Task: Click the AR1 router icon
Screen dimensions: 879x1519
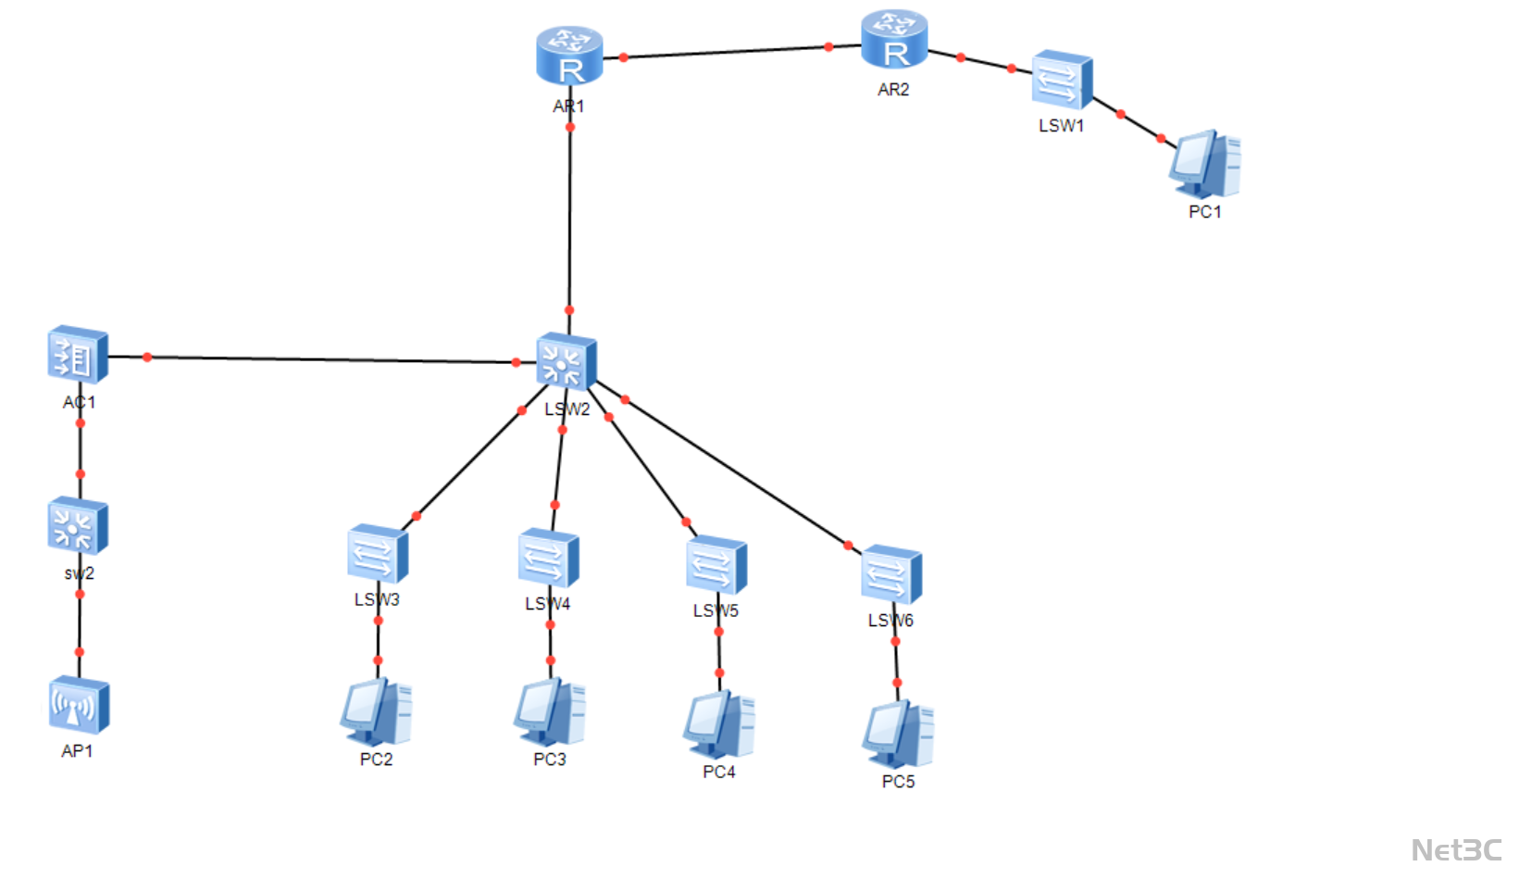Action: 569,56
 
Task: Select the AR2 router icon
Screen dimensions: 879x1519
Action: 893,40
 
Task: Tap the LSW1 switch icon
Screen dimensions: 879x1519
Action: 1062,81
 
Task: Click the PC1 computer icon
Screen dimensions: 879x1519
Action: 1204,164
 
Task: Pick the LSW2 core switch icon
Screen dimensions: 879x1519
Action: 566,361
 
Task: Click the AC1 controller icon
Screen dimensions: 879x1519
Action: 78,354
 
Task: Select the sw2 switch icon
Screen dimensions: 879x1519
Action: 78,526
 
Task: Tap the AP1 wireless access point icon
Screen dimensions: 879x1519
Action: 79,706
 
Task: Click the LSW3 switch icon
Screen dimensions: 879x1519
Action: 378,555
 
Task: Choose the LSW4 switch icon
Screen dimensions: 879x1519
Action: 548,559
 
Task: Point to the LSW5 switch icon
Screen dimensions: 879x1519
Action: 716,565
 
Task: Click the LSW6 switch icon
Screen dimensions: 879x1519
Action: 890,574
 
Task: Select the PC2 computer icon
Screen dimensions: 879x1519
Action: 376,712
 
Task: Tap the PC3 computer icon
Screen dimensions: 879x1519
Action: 550,712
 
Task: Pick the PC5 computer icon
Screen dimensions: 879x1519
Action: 898,735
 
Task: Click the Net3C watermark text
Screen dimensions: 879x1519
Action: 1456,849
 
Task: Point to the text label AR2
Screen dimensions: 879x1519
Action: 893,90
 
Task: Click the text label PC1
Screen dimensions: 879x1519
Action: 1204,212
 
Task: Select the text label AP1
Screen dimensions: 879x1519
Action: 77,751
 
